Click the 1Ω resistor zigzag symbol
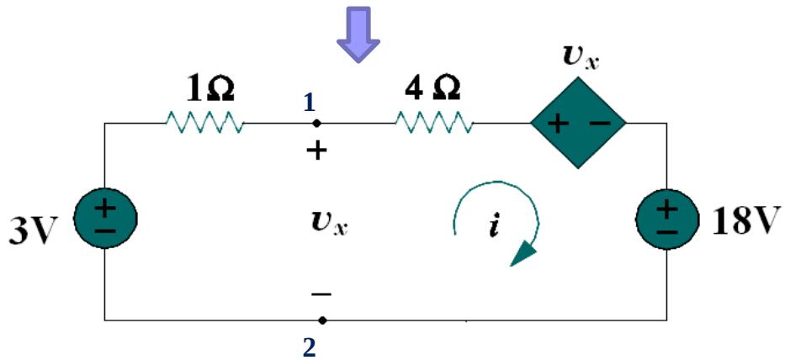pyautogui.click(x=205, y=124)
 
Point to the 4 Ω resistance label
pyautogui.click(x=433, y=88)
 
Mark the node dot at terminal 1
pyautogui.click(x=316, y=124)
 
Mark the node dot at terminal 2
pyautogui.click(x=323, y=320)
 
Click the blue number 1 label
pyautogui.click(x=309, y=103)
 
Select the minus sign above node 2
pyautogui.click(x=321, y=294)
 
